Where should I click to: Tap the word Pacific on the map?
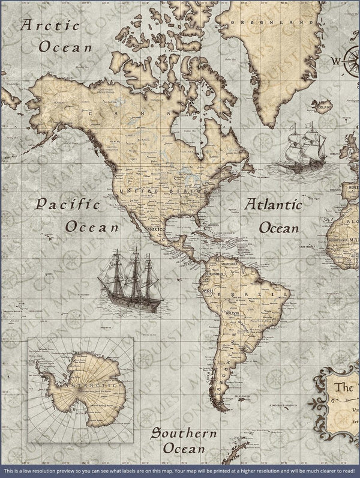67,204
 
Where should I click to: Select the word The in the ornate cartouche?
344,387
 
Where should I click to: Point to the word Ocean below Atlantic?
278,228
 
